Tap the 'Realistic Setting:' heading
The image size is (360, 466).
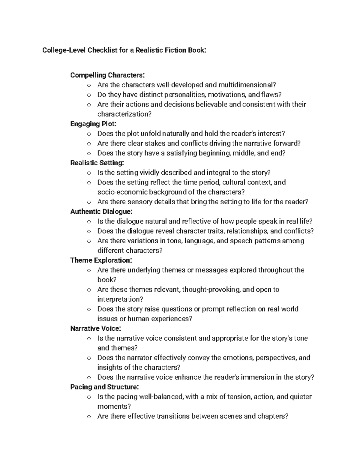pyautogui.click(x=97, y=163)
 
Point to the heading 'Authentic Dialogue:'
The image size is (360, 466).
pyautogui.click(x=101, y=212)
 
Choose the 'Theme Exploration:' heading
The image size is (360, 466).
pyautogui.click(x=101, y=260)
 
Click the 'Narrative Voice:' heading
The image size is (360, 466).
pyautogui.click(x=96, y=329)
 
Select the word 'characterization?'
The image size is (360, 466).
pyautogui.click(x=124, y=114)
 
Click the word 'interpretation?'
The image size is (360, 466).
pyautogui.click(x=120, y=299)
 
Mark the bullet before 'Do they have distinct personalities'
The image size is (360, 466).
pyautogui.click(x=88, y=95)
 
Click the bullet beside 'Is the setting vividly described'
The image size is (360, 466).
pyautogui.click(x=88, y=173)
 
